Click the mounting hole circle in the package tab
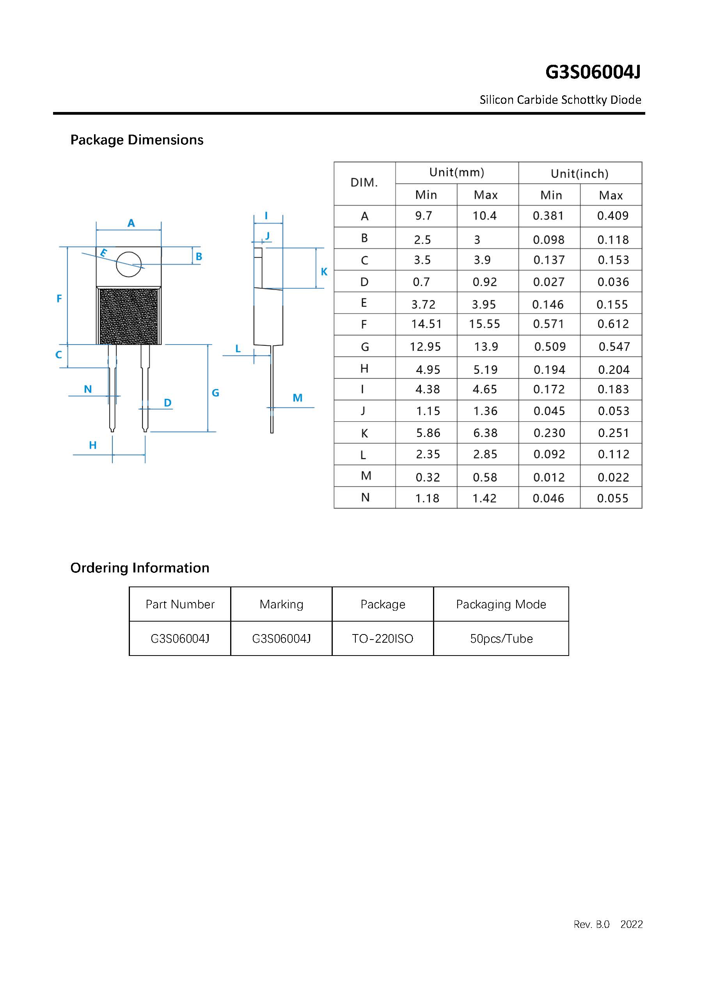point(128,264)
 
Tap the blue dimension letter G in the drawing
point(215,393)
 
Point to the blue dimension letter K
point(324,272)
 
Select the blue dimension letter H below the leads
point(93,445)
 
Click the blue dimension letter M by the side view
point(297,398)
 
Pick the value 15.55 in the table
point(485,324)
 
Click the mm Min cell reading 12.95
point(425,347)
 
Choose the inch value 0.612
point(613,324)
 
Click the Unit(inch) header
point(579,174)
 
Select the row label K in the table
point(365,434)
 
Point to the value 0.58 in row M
point(485,478)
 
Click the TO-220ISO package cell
point(383,639)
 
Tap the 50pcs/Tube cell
point(501,639)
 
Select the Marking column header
point(281,604)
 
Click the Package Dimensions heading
point(137,140)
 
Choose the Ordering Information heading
point(140,568)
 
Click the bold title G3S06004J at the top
point(593,72)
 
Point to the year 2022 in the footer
point(631,924)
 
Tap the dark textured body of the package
point(128,316)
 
